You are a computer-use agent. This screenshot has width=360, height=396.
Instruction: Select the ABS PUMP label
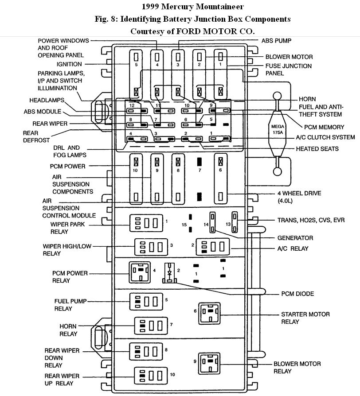click(x=276, y=41)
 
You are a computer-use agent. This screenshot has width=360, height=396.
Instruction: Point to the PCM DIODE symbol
click(x=169, y=273)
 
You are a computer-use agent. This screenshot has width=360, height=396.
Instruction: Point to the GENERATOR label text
click(x=294, y=238)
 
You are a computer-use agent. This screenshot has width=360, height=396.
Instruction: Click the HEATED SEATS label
click(x=317, y=149)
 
